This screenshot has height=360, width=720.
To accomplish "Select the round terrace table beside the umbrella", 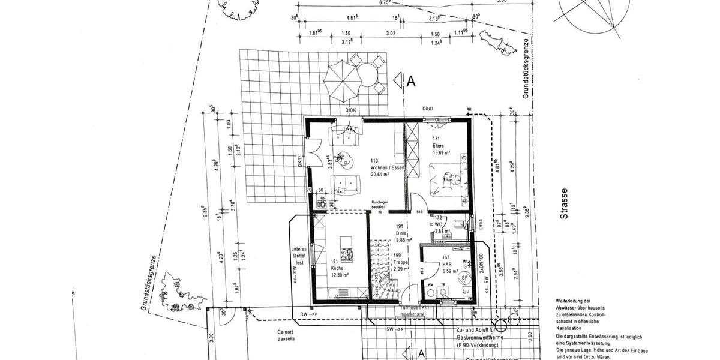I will [367, 74].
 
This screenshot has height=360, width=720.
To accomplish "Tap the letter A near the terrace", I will [410, 82].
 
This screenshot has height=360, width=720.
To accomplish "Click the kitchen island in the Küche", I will [347, 247].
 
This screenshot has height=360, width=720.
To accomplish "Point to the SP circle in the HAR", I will [463, 277].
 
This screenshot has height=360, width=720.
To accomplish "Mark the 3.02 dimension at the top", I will [391, 34].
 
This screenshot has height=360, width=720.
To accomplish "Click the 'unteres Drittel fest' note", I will [299, 256].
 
